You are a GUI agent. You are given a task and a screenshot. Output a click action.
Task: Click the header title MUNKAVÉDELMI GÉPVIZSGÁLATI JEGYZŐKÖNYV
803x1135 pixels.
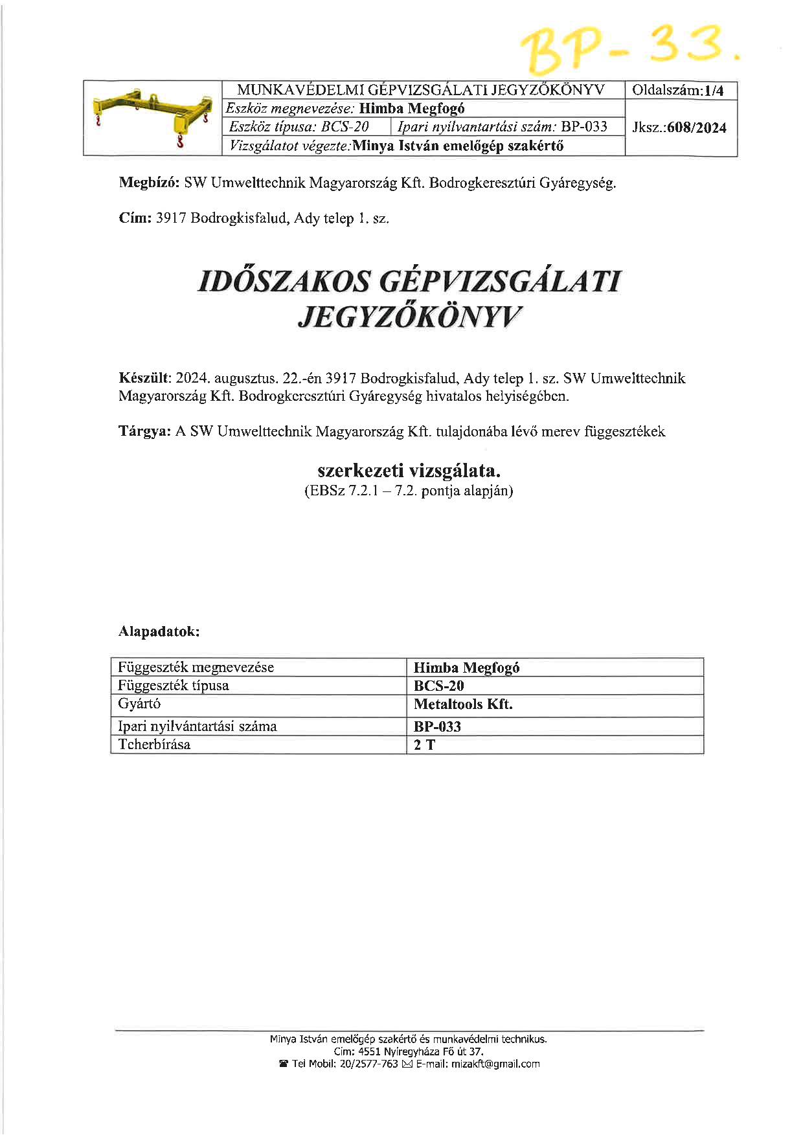(421, 90)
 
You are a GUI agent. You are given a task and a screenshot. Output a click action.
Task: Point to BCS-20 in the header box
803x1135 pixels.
(345, 126)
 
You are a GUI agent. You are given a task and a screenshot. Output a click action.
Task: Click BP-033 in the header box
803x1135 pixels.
(584, 126)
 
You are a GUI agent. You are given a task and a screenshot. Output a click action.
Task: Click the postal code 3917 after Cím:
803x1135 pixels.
(171, 218)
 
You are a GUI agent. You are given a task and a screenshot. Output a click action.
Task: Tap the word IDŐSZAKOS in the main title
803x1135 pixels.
(283, 282)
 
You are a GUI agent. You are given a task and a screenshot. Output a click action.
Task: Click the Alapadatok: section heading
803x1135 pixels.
(159, 631)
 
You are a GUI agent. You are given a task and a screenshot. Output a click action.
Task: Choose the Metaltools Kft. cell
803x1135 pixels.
(463, 704)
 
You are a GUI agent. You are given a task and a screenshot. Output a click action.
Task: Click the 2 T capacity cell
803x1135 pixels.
(425, 745)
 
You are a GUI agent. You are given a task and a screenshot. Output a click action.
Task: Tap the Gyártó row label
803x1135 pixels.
(139, 704)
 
